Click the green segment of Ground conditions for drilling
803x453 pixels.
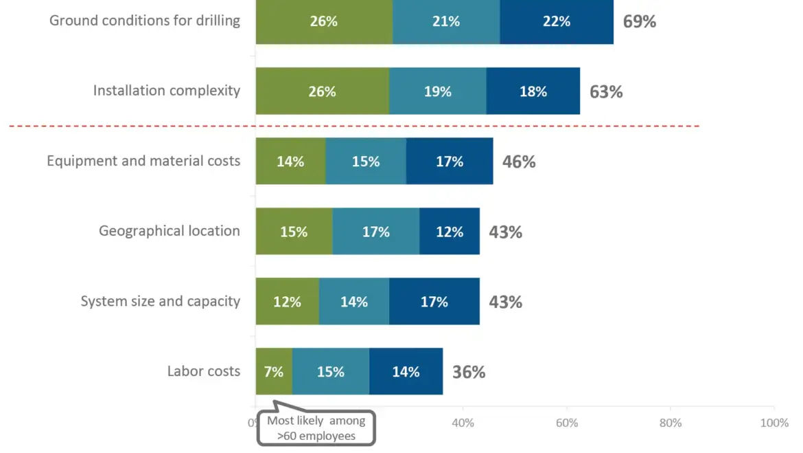tap(324, 21)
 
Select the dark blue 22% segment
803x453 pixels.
tap(557, 21)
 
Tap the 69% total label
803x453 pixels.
tap(640, 21)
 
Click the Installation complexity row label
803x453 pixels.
tap(167, 91)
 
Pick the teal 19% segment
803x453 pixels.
tap(438, 91)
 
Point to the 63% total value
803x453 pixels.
tap(606, 91)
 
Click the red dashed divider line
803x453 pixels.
tap(480, 126)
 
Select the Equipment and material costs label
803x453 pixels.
tap(143, 161)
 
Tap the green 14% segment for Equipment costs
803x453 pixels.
tap(291, 162)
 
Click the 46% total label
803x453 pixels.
tap(519, 162)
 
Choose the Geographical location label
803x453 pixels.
tap(170, 231)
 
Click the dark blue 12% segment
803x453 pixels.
tap(450, 232)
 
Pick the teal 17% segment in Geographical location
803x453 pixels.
tap(376, 232)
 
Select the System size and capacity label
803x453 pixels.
tap(161, 301)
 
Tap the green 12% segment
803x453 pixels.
tap(288, 302)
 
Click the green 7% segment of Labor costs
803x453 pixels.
tap(274, 372)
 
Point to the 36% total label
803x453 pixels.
tap(469, 372)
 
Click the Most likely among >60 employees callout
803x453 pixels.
tap(316, 428)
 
